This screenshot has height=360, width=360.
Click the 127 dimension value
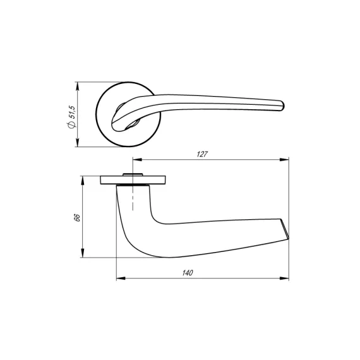pos(202,154)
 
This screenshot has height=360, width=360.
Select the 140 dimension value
pos(188,273)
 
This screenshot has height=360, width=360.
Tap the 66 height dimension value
pos(77,218)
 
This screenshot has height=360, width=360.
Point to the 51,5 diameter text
pos(72,112)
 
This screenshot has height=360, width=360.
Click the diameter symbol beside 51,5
pos(71,125)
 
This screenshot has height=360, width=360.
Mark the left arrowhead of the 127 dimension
pos(137,160)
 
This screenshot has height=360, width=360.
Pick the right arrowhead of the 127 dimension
pos(284,160)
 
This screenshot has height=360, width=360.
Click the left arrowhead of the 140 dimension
pos(121,279)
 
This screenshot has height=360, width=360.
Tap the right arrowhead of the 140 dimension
pos(284,279)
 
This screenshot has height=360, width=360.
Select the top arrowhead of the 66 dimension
pos(83,181)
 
